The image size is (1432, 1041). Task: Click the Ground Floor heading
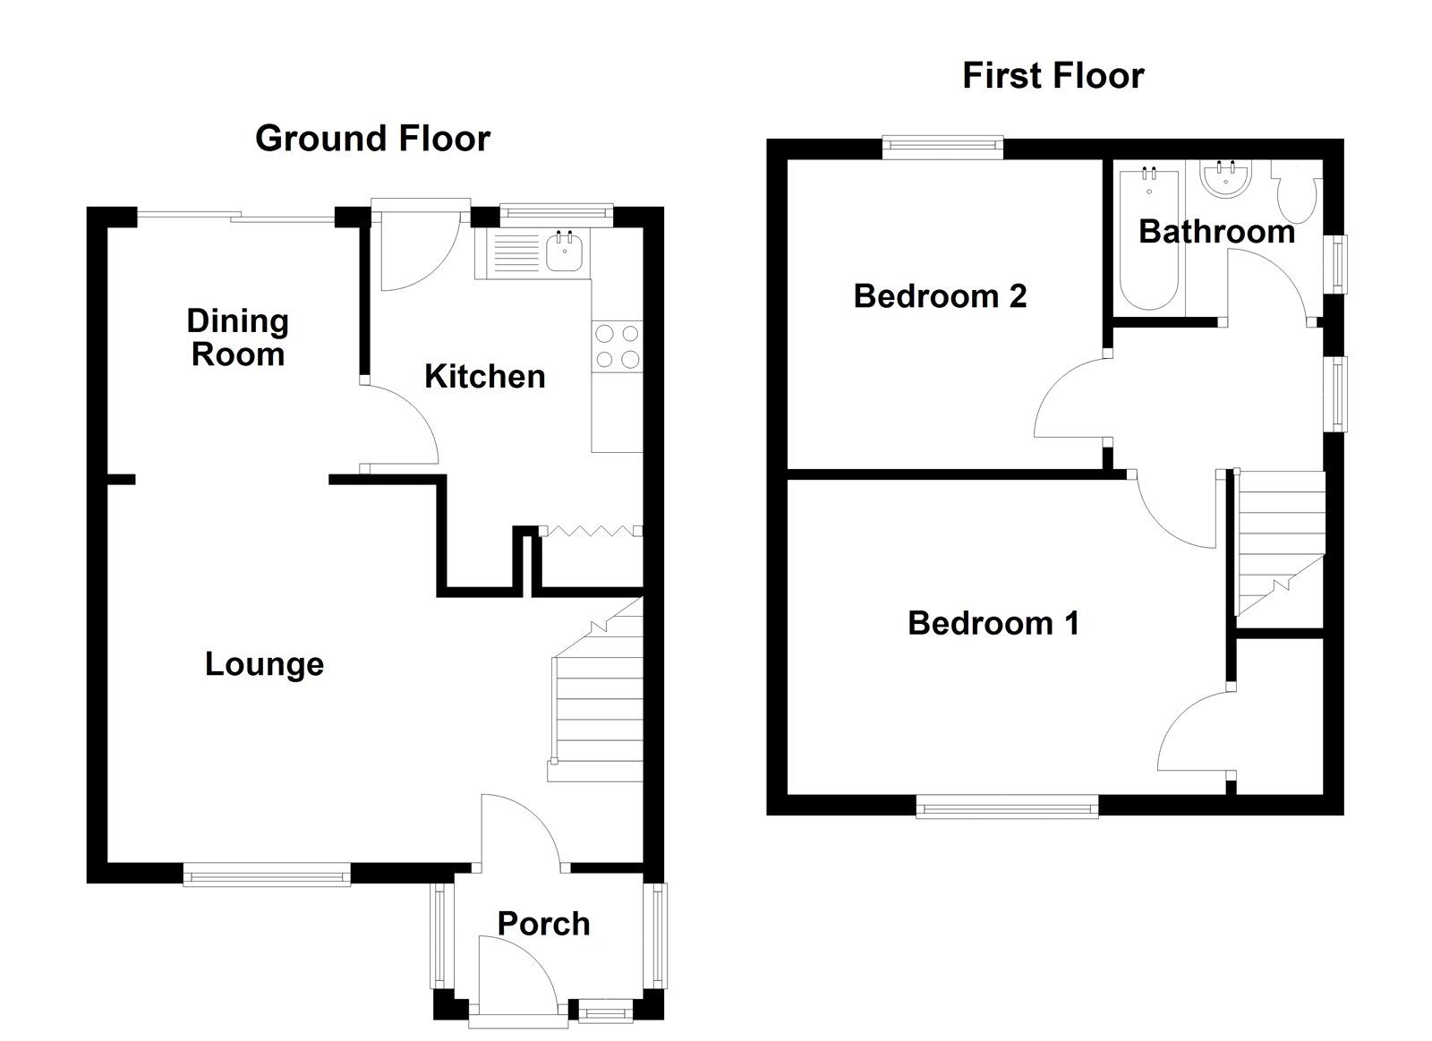(x=372, y=139)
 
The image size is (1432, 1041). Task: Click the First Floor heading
(x=1053, y=76)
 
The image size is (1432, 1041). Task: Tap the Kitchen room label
(x=484, y=377)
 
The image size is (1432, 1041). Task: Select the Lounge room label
(x=264, y=664)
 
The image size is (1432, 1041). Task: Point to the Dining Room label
(x=237, y=337)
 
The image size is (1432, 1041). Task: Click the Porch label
(x=543, y=924)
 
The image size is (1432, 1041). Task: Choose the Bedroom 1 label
(x=993, y=623)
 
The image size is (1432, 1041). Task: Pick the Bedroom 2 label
(x=940, y=295)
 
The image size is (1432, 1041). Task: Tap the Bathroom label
(x=1215, y=232)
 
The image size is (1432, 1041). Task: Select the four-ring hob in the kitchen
(x=617, y=346)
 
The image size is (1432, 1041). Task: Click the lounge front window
(x=267, y=875)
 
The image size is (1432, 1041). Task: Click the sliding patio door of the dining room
(x=234, y=217)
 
